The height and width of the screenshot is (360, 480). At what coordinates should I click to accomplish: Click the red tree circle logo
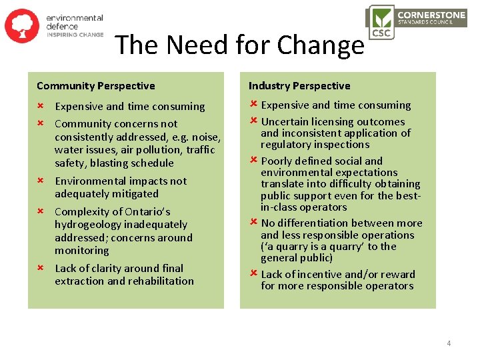[22, 25]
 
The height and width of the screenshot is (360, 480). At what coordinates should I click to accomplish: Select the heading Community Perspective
[95, 85]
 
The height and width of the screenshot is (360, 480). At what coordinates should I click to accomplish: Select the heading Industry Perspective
[299, 85]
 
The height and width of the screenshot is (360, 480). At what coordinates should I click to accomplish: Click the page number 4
[449, 343]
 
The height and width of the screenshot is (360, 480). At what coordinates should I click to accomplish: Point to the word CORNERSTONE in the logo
[432, 13]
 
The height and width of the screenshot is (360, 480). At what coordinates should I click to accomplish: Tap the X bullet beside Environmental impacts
[39, 180]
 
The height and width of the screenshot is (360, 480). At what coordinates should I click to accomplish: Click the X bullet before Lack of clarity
[39, 267]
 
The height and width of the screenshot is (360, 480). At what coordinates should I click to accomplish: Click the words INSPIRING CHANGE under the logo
[75, 35]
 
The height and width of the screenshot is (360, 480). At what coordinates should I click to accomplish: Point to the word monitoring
[81, 251]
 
